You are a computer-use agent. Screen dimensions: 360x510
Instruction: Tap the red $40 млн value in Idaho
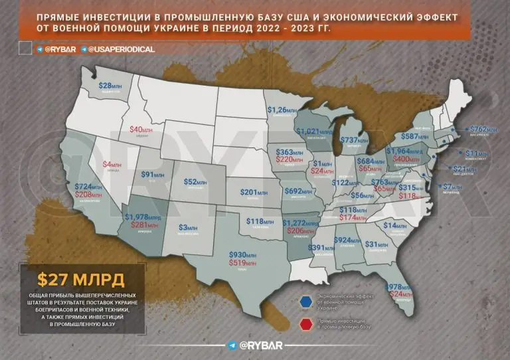pyautogui.click(x=141, y=130)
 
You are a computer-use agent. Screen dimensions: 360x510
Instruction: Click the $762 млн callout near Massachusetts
pyautogui.click(x=484, y=130)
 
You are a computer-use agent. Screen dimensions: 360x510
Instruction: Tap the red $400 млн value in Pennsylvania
pyautogui.click(x=406, y=159)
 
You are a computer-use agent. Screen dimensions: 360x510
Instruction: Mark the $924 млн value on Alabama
pyautogui.click(x=347, y=240)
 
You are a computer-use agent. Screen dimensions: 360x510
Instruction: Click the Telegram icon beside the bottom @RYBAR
pyautogui.click(x=231, y=345)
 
